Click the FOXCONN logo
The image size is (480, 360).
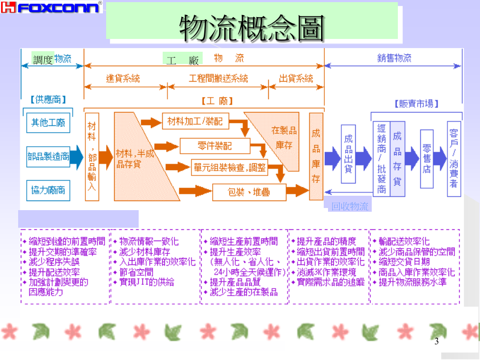click(52, 7)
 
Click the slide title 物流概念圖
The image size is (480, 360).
click(252, 27)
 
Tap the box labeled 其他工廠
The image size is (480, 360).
click(48, 123)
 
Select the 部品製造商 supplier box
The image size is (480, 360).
click(48, 157)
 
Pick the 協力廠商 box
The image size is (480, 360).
click(48, 189)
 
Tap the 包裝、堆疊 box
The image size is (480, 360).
click(249, 191)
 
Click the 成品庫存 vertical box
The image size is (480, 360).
click(316, 156)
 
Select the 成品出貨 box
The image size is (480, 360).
click(348, 154)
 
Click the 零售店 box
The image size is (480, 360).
click(426, 158)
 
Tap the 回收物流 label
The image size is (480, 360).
click(349, 206)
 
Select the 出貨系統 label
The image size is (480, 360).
click(296, 78)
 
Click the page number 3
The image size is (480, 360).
click(436, 341)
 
